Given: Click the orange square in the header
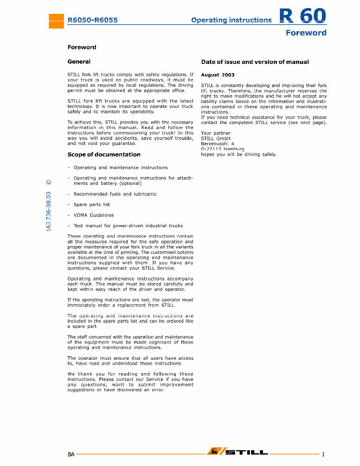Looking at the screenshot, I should click(x=56, y=21).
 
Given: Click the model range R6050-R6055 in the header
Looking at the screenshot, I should click(x=93, y=20).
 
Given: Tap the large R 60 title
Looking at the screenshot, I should click(x=303, y=16).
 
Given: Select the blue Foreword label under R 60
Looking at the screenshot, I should click(x=306, y=33).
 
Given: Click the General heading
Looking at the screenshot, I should click(x=79, y=62).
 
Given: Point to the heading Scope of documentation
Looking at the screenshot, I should click(x=104, y=154).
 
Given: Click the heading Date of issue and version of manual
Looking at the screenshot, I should click(x=255, y=62).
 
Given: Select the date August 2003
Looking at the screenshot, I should click(x=218, y=75).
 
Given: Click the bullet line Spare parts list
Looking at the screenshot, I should click(x=92, y=205).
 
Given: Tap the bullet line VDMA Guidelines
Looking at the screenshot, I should click(x=94, y=215).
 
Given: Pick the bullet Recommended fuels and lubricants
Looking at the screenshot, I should click(x=115, y=194).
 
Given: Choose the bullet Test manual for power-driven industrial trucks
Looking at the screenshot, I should click(x=128, y=226).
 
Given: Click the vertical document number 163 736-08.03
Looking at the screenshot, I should click(x=49, y=211).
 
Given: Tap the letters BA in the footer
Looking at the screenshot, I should click(x=71, y=454).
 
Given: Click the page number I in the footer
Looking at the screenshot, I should click(x=323, y=454).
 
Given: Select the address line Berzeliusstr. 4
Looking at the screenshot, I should click(x=218, y=144).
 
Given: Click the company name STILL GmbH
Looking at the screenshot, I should click(x=216, y=139).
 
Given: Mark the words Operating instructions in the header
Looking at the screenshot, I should click(x=231, y=20).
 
